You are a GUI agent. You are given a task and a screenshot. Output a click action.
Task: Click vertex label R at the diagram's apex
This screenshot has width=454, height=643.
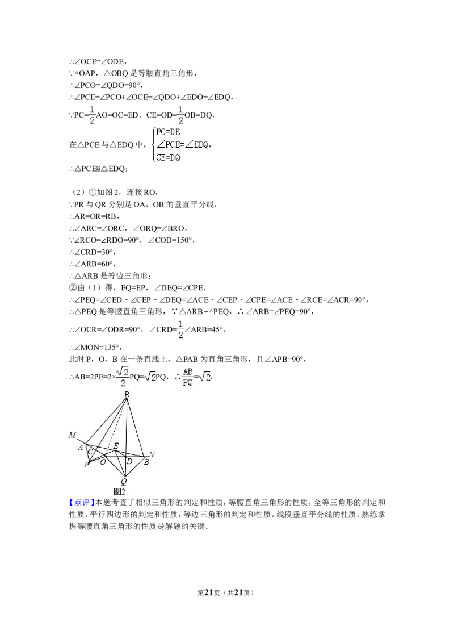pos(127,394)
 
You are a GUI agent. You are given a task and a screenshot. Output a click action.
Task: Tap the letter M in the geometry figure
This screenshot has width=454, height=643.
pos(72,435)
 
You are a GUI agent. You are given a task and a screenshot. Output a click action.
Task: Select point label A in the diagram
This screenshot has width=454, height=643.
pos(82,447)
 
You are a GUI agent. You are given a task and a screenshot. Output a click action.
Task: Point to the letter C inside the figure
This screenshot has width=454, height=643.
pos(90,452)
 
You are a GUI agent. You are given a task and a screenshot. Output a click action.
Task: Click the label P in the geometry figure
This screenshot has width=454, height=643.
pos(86,465)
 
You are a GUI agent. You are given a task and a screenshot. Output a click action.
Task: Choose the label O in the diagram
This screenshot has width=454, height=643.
pos(103,461)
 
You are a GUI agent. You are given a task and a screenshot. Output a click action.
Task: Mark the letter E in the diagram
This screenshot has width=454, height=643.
pos(116,446)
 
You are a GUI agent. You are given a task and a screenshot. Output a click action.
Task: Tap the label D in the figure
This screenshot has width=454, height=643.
pos(129,461)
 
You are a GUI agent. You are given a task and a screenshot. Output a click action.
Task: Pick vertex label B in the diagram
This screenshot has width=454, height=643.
pos(146,462)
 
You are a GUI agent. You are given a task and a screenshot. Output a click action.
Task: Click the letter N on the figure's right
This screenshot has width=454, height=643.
pos(152,454)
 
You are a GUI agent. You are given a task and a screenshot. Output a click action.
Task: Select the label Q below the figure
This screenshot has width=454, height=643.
pos(124,481)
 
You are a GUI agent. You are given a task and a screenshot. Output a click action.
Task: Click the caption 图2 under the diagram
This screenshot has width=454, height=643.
pos(119,491)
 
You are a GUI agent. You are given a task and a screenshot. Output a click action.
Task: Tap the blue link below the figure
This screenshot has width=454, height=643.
pos(82,503)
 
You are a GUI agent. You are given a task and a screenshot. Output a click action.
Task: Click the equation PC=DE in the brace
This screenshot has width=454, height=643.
pos(169,132)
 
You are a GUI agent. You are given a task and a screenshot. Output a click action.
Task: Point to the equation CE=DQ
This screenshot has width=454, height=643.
pos(169,157)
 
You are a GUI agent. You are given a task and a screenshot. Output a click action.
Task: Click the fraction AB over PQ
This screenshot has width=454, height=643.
pos(186,375)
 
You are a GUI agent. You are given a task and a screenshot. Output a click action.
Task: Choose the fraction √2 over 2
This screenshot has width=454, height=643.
pos(123,375)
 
